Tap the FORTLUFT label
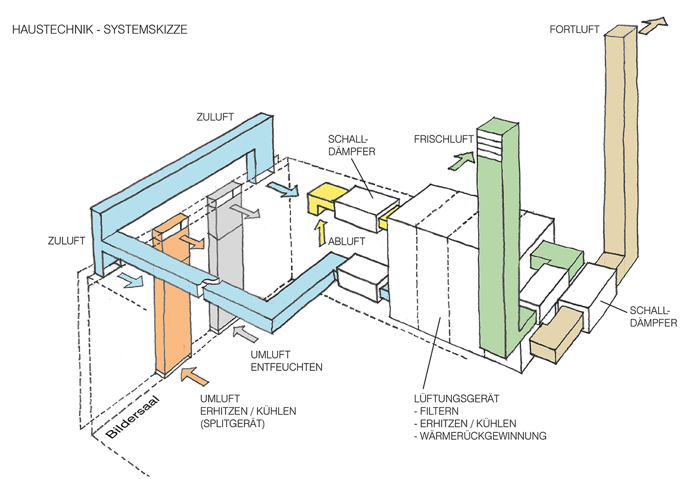(x=574, y=29)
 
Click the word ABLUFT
(x=346, y=241)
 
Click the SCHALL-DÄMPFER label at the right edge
(x=653, y=316)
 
